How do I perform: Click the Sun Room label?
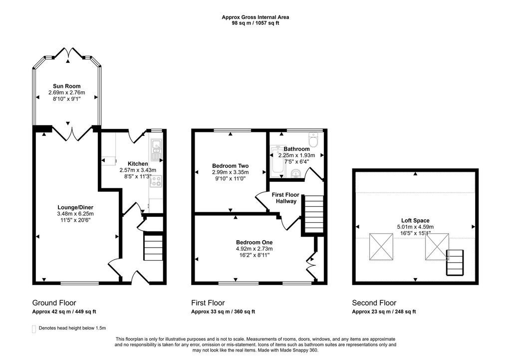coord(66,86)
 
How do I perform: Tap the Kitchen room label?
coord(138,164)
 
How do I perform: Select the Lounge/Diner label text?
coord(75,207)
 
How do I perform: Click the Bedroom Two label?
coord(231,166)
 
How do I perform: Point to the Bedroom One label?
coord(254,242)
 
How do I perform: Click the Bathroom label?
coord(296,149)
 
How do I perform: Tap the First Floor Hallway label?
coord(286,198)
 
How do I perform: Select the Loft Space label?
coord(415,220)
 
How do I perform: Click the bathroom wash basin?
coord(296,173)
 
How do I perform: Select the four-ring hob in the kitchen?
coord(156,181)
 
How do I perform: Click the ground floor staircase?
coord(153,248)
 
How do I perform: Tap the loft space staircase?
coord(455,263)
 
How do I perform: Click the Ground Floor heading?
coord(54,303)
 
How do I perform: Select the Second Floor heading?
coord(374,303)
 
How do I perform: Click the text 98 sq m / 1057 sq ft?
coord(255,23)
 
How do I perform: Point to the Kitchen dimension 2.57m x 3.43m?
coord(138,170)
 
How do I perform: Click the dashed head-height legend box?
coord(34,329)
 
